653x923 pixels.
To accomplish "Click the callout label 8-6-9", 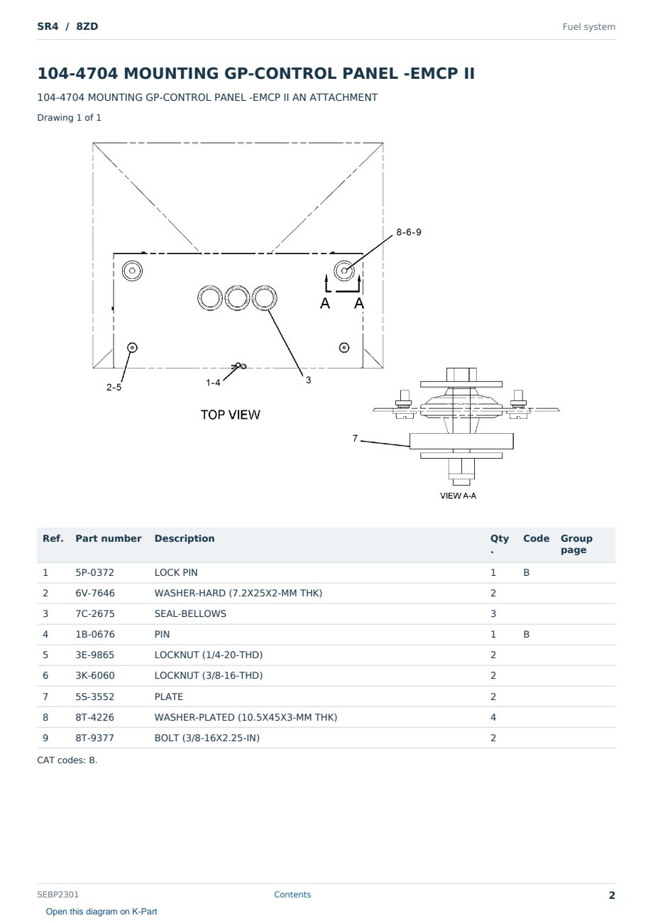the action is coord(408,232).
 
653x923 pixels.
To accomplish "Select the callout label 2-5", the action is coord(114,388).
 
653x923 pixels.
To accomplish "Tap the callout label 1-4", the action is coord(213,383).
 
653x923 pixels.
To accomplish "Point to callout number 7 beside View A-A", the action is coord(355,438).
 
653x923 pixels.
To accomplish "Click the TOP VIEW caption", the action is coord(230,415).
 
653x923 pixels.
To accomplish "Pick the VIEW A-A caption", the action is coord(458,496).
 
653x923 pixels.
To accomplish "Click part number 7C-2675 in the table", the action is coord(95,613).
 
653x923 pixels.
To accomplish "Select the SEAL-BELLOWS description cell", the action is coord(190,613).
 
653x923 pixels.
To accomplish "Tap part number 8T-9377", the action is coord(95,738).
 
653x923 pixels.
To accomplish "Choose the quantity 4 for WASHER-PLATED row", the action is coord(493,717).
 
